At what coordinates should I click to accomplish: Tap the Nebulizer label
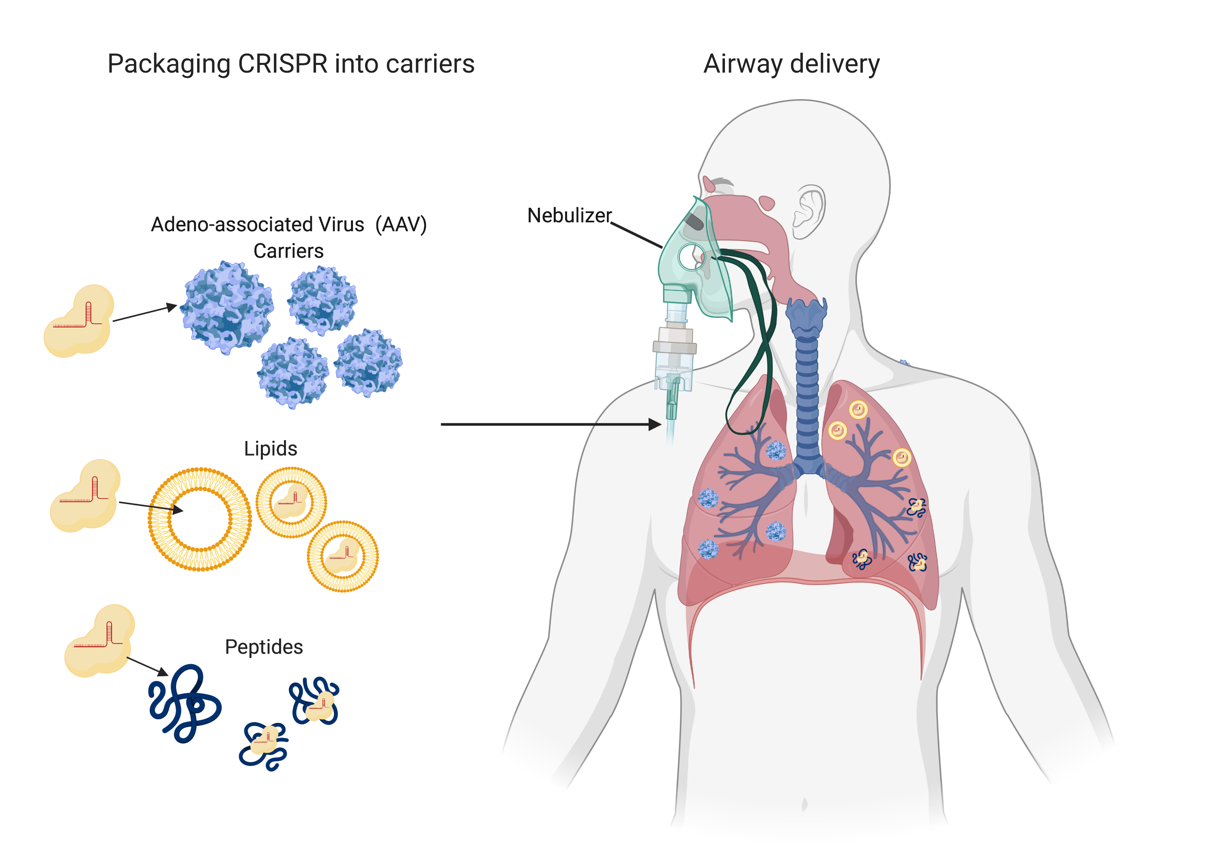(x=569, y=215)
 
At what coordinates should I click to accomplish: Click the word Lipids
(x=270, y=449)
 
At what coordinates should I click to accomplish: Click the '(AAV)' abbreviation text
(x=401, y=224)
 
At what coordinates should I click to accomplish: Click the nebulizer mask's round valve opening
(x=691, y=257)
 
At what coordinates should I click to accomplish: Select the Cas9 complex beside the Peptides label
(x=99, y=641)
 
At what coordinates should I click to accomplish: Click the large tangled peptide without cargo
(x=185, y=702)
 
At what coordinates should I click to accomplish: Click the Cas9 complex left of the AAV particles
(x=78, y=321)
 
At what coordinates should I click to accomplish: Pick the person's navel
(x=804, y=804)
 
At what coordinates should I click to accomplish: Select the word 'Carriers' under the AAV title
(x=288, y=251)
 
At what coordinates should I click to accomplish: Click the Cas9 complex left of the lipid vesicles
(x=85, y=495)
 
